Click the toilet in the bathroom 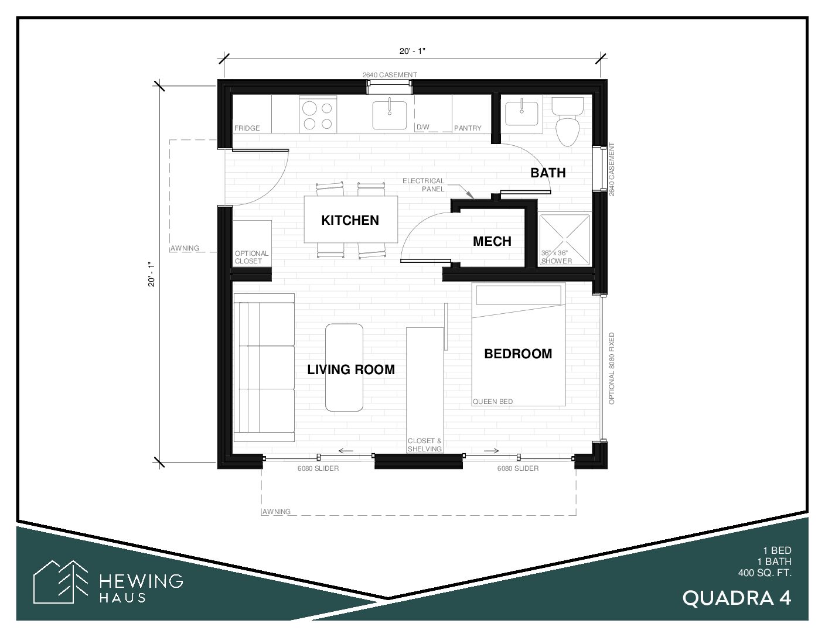click(x=568, y=121)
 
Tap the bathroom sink click(x=521, y=112)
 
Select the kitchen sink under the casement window click(x=390, y=115)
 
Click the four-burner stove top click(x=318, y=115)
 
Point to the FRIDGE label click(x=247, y=128)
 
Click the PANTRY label click(x=468, y=128)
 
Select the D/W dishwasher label click(x=423, y=127)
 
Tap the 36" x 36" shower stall click(x=565, y=240)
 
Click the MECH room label click(x=492, y=241)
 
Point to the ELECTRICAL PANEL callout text click(x=423, y=185)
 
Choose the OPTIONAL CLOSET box click(x=252, y=244)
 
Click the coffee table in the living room click(x=344, y=367)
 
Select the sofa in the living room click(x=264, y=368)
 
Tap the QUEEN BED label click(x=492, y=402)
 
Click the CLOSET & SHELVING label click(x=424, y=444)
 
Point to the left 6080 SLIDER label click(x=318, y=468)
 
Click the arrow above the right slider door click(x=491, y=451)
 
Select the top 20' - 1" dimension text click(x=412, y=51)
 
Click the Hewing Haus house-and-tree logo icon click(x=61, y=581)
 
